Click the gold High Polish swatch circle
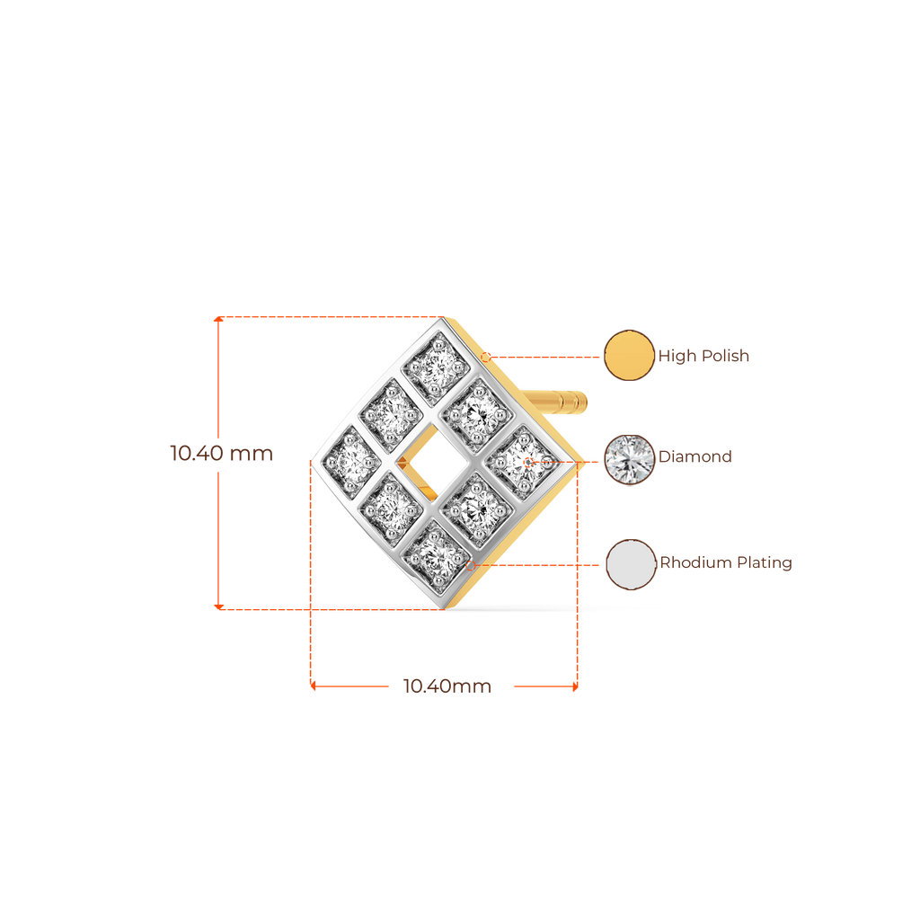click(x=629, y=356)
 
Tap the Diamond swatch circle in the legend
click(x=629, y=460)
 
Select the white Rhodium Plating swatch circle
click(x=630, y=564)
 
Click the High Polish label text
click(x=704, y=357)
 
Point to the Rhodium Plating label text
click(x=726, y=564)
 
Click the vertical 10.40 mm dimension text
click(x=221, y=454)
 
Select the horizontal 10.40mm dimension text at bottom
click(x=447, y=687)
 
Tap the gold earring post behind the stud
click(x=564, y=401)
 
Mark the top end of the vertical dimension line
click(x=217, y=318)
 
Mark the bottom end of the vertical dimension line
click(x=217, y=606)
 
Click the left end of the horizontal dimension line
click(x=312, y=686)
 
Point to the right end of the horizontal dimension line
click(x=575, y=686)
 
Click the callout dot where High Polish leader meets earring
click(x=486, y=357)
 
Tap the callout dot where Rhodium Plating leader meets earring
click(x=470, y=565)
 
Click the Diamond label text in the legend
click(x=695, y=457)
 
